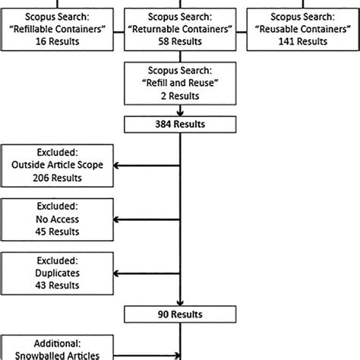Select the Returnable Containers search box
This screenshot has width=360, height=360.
click(180, 27)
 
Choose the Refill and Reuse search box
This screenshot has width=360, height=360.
click(180, 82)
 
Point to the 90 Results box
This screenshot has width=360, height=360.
click(180, 312)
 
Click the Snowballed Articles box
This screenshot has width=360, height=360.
click(58, 347)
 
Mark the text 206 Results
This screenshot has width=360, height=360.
click(58, 178)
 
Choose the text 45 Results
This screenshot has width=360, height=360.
click(58, 232)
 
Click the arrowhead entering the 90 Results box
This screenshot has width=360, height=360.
click(180, 301)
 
